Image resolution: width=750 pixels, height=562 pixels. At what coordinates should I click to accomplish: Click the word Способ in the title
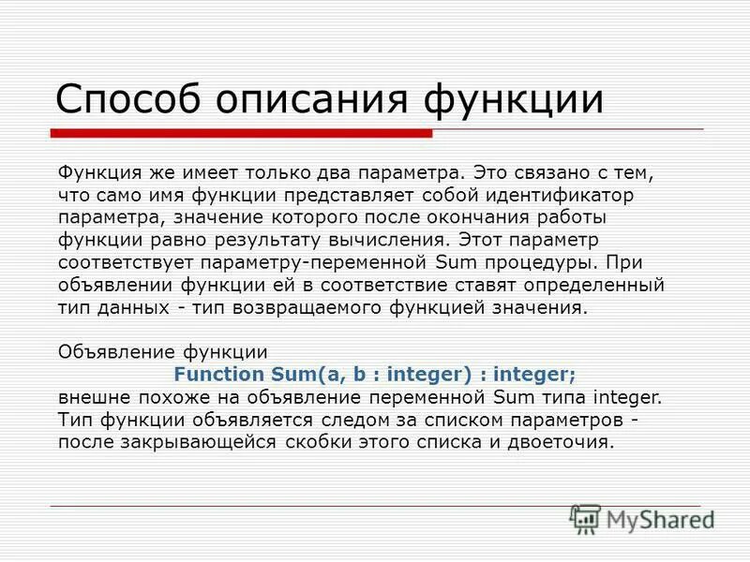pos(127,98)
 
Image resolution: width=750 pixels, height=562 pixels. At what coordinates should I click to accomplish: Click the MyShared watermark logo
pos(642,519)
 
